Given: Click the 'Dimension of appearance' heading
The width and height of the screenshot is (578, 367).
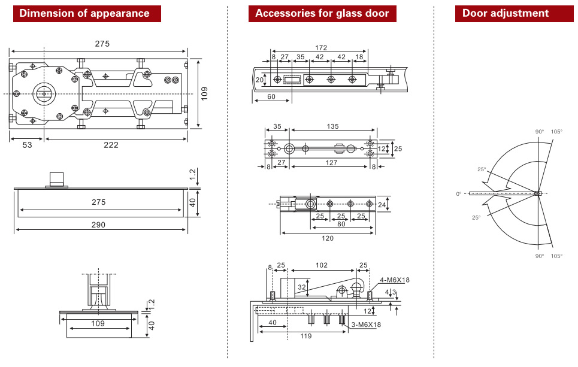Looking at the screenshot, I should pos(84,13).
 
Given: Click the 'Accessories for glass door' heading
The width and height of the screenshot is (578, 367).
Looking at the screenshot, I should pos(322,13).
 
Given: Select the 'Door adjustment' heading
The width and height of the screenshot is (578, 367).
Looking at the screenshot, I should pos(505,13).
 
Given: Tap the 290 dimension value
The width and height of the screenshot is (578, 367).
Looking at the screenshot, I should pos(98,225).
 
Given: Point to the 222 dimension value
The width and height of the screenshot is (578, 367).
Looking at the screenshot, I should pos(111,145).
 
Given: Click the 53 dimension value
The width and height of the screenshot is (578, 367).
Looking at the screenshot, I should pos(27,145).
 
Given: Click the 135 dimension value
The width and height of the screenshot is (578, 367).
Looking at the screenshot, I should pos(333,126).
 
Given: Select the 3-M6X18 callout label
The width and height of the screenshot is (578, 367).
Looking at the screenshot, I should pos(366,324).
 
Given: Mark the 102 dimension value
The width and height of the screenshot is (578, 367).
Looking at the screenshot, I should pos(322,265).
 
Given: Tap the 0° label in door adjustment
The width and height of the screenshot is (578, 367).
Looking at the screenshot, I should pos(459,194).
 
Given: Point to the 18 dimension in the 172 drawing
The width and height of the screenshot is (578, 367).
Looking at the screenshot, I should pos(359,57).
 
